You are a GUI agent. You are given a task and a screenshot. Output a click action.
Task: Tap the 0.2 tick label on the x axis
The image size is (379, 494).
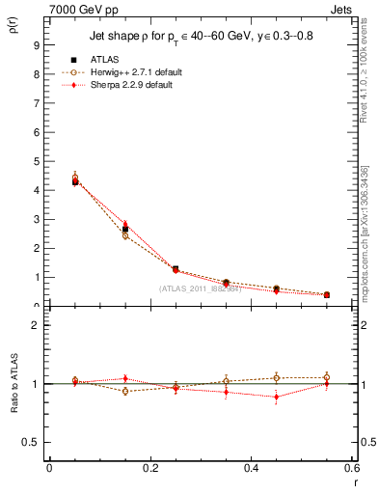[150, 470]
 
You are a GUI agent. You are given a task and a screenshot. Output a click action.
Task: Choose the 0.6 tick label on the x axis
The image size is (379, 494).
[353, 470]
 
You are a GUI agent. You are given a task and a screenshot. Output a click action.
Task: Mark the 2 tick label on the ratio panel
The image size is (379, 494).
[36, 325]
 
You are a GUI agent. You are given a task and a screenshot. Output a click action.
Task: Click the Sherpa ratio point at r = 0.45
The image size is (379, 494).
[277, 397]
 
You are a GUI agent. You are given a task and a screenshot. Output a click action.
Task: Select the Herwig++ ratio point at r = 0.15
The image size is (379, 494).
[125, 391]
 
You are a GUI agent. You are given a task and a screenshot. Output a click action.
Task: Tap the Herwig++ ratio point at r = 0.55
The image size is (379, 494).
[327, 377]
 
